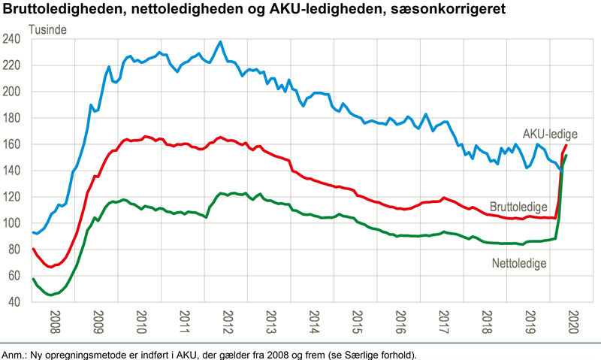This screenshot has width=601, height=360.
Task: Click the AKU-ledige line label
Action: pyautogui.click(x=550, y=134)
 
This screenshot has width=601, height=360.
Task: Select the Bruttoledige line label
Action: pyautogui.click(x=518, y=207)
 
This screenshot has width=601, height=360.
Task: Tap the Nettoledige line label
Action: pyautogui.click(x=519, y=263)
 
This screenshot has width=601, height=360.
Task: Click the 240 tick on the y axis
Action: pyautogui.click(x=11, y=39)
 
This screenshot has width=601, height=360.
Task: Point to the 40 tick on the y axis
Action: pyautogui.click(x=14, y=301)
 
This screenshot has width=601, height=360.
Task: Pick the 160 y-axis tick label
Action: pyautogui.click(x=11, y=144)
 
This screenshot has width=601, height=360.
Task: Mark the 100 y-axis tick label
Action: pyautogui.click(x=11, y=223)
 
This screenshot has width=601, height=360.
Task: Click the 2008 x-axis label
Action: pyautogui.click(x=55, y=322)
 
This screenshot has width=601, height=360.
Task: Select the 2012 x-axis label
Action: pyautogui.click(x=228, y=322)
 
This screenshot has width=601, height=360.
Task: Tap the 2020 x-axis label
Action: pyautogui.click(x=573, y=322)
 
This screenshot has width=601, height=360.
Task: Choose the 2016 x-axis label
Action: pyautogui.click(x=400, y=322)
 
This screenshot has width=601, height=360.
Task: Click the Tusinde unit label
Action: pyautogui.click(x=47, y=29)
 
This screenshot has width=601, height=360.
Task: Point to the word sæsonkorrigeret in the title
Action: pyautogui.click(x=448, y=8)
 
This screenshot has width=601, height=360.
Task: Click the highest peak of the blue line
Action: pyautogui.click(x=220, y=41)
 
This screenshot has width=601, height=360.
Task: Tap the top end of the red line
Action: pyautogui.click(x=566, y=145)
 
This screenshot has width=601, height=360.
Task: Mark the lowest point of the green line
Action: pyautogui.click(x=50, y=295)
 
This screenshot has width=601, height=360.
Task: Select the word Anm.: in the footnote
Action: pyautogui.click(x=14, y=355)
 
